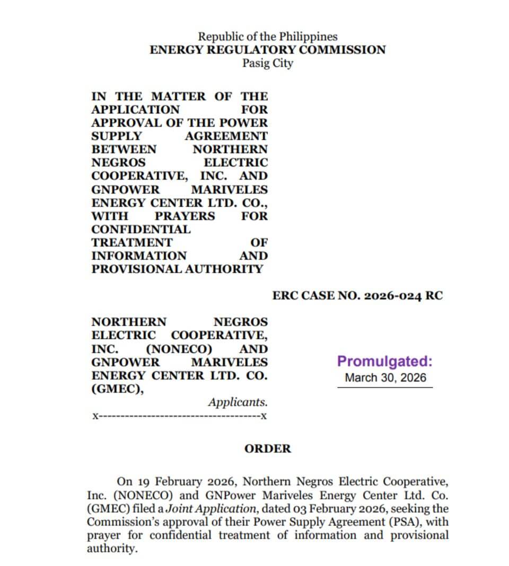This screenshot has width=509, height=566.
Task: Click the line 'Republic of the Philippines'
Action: pos(267,37)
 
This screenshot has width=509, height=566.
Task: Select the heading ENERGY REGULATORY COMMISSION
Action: pos(267,50)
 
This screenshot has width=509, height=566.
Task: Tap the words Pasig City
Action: pos(267,63)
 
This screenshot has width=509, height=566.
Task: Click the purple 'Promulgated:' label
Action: pos(384,362)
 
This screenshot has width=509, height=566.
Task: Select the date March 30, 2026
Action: pos(384,378)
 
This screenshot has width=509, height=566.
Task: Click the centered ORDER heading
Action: pos(267,448)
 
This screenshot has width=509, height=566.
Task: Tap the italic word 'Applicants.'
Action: pos(238,402)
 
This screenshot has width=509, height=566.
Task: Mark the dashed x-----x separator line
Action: pos(179,416)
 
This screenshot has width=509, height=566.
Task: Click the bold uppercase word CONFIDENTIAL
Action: pos(141,229)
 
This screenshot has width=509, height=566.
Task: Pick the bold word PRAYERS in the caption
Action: pos(185,216)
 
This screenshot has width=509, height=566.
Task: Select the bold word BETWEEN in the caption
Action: pos(124,149)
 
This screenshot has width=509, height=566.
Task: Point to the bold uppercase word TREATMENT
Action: pos(131,242)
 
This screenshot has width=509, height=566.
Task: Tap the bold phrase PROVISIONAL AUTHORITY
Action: pos(177,269)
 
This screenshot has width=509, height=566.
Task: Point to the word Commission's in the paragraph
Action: pos(121,522)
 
